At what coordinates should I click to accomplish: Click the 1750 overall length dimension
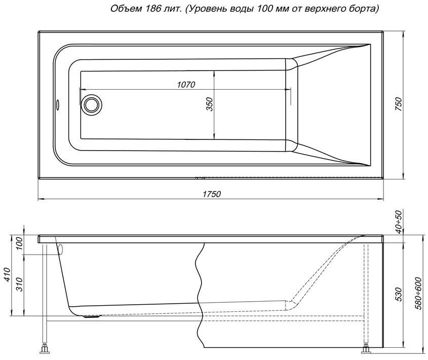click(212, 194)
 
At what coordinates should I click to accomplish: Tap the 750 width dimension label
click(399, 103)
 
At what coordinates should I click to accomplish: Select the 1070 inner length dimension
click(186, 85)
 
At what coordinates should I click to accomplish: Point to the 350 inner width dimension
click(210, 104)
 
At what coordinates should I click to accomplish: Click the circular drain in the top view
click(93, 104)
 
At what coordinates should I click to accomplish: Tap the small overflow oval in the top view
click(58, 104)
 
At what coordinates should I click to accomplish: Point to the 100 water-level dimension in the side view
click(20, 244)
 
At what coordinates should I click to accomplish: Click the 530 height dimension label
click(399, 294)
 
